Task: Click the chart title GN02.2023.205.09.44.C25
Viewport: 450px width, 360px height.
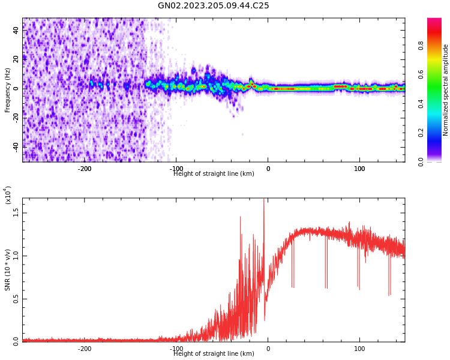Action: pyautogui.click(x=214, y=6)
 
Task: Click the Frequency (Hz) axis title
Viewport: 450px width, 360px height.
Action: pyautogui.click(x=8, y=90)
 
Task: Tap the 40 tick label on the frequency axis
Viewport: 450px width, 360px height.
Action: pyautogui.click(x=16, y=30)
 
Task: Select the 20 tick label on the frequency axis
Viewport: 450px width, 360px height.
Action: pyautogui.click(x=16, y=59)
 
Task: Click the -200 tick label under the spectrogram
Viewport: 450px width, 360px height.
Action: pyautogui.click(x=85, y=169)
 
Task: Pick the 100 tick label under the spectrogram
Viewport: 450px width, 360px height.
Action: pyautogui.click(x=360, y=169)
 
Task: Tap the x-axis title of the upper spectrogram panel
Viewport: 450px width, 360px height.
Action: pyautogui.click(x=214, y=174)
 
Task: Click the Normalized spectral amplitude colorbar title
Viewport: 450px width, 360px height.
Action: pyautogui.click(x=446, y=90)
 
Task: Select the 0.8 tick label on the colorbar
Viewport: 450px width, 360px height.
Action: pyautogui.click(x=438, y=44)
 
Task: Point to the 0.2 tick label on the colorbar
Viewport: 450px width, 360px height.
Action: pyautogui.click(x=438, y=133)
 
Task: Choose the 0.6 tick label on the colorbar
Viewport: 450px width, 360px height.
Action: pyautogui.click(x=438, y=74)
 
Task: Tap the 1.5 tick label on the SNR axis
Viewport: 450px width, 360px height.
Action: pyautogui.click(x=16, y=212)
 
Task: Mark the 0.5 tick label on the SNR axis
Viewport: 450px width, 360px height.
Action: pyautogui.click(x=16, y=299)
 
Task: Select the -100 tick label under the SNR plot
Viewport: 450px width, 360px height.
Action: pyautogui.click(x=176, y=349)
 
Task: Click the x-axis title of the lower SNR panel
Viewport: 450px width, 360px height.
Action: pyautogui.click(x=214, y=354)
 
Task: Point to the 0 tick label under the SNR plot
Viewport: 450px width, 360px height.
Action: pyautogui.click(x=268, y=349)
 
